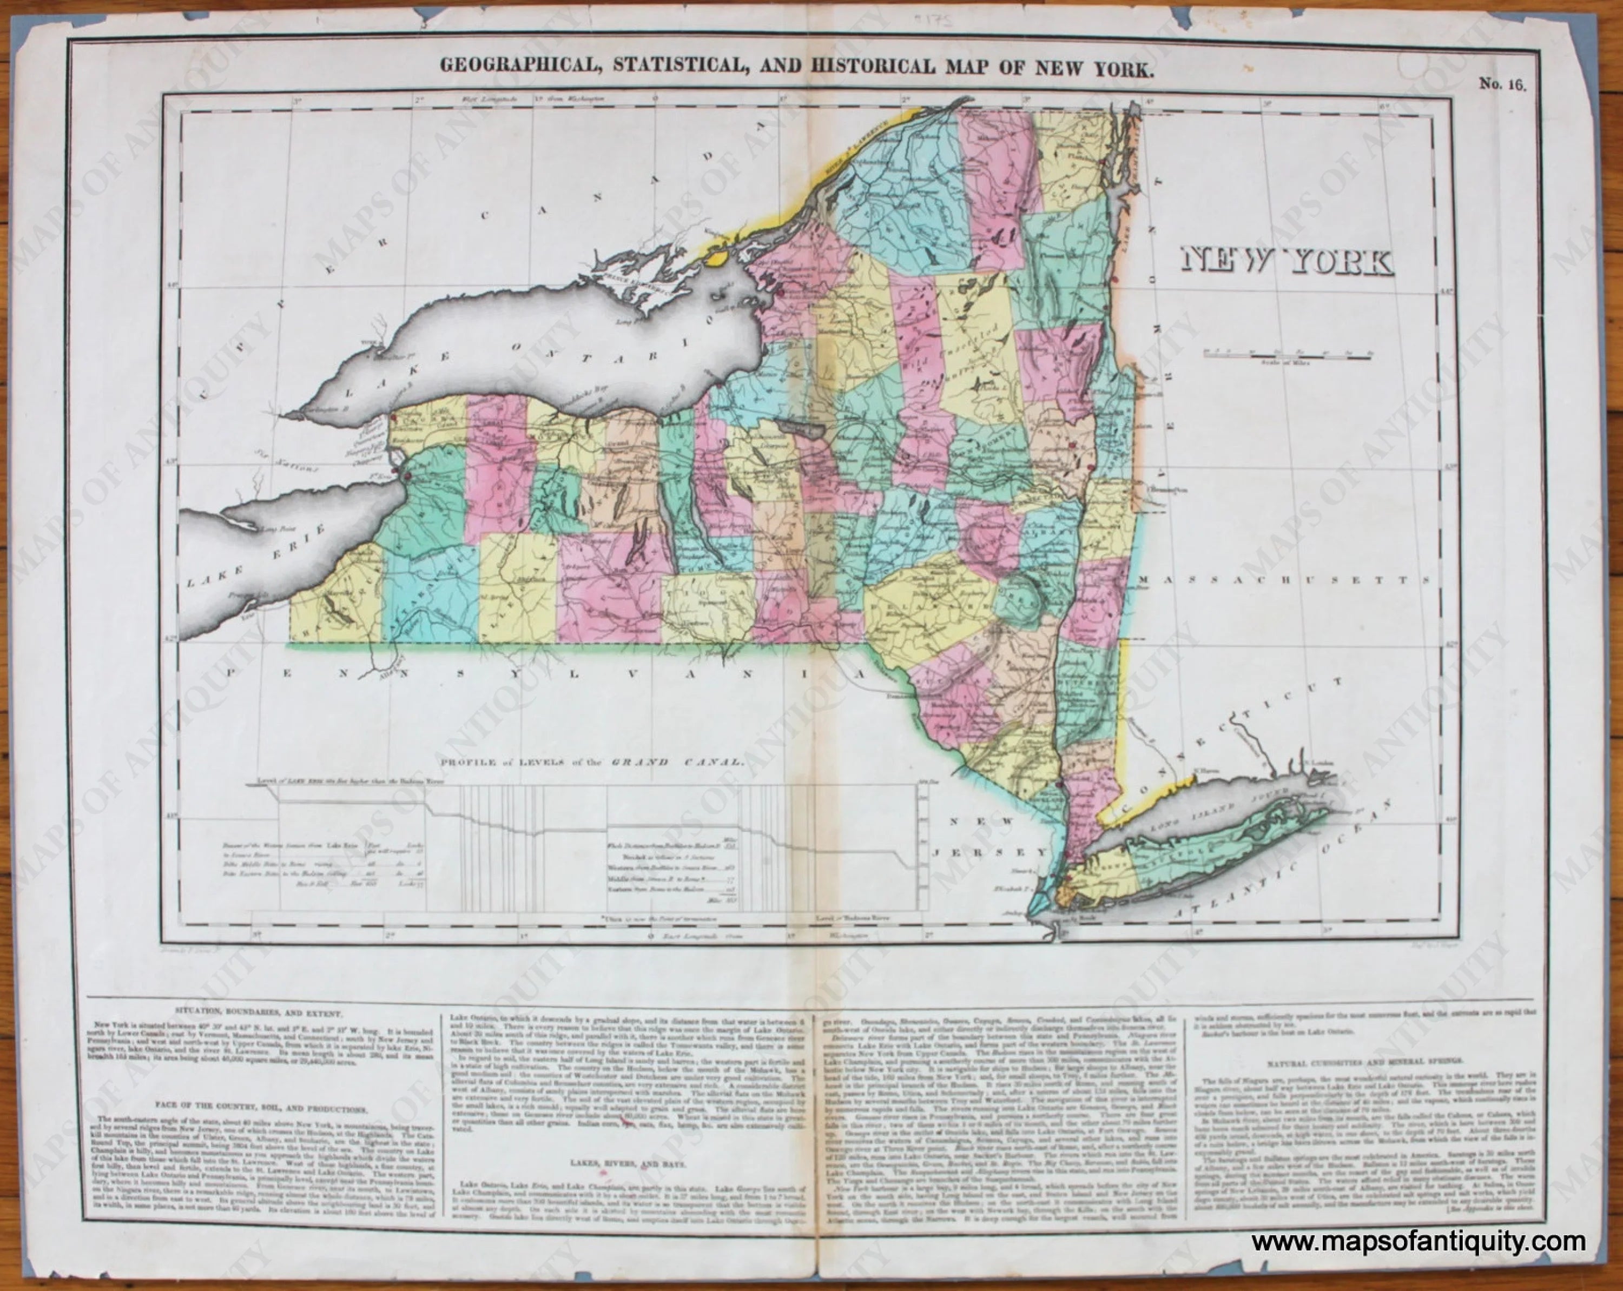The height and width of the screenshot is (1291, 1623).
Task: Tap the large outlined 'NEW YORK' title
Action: (x=1286, y=261)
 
